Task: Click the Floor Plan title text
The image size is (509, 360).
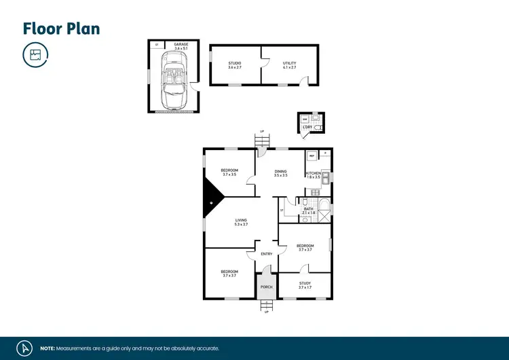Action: point(61,29)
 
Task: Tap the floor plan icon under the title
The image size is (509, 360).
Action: point(35,55)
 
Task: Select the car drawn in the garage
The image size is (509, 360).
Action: point(172,82)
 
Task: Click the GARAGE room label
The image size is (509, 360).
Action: point(181,46)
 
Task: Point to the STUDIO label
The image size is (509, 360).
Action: point(235,66)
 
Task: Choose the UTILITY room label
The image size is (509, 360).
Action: point(290,66)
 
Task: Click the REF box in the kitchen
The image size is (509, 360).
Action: point(312,156)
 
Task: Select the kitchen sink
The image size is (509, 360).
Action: point(326,179)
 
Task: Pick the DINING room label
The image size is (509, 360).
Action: point(280,173)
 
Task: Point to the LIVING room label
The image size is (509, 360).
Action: point(241,222)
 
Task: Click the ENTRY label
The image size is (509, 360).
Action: point(267,254)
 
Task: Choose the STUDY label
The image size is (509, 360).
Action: point(305,285)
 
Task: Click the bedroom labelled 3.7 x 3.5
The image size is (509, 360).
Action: point(229,173)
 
